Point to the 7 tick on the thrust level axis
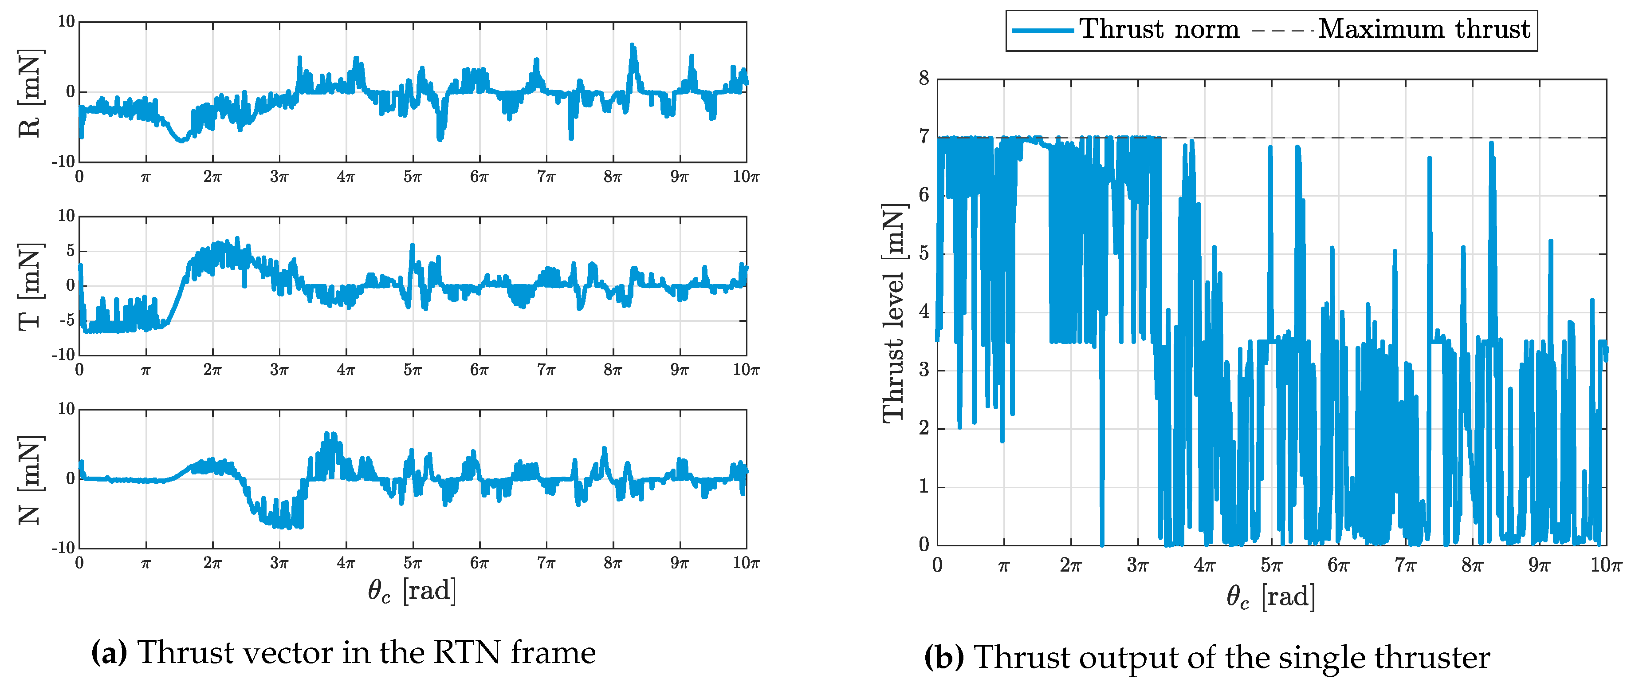coord(924,137)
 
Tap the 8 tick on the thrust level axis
coord(924,79)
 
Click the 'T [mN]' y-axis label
coord(30,286)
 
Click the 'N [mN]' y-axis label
coord(30,480)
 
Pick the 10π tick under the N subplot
coord(746,563)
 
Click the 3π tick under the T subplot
coord(279,370)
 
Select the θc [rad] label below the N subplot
coord(412,591)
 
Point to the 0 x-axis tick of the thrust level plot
coord(938,565)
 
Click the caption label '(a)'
coord(109,652)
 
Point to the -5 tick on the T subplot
coord(66,320)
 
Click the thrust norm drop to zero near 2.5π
coord(1102,542)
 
